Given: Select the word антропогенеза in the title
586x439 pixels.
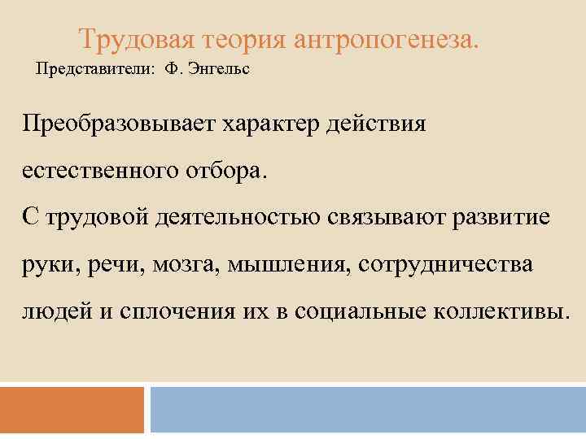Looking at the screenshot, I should tap(384, 37).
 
